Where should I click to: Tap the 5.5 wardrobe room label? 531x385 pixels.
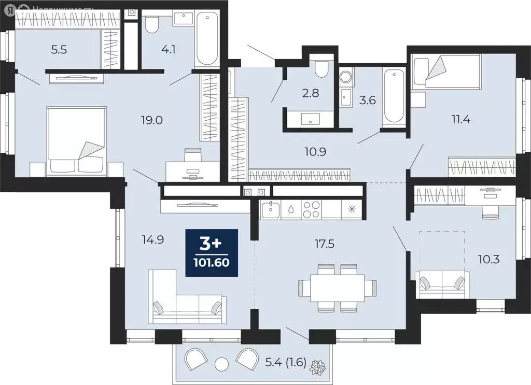59,50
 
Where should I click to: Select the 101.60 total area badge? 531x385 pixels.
213,253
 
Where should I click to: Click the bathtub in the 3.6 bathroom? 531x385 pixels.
394,96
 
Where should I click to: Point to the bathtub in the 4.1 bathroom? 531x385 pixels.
207,39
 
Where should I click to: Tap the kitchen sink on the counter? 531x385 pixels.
271,210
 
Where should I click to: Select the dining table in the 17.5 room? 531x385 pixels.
338,288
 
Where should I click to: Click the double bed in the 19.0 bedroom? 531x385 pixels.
77,140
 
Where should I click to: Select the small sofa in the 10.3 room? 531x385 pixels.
442,285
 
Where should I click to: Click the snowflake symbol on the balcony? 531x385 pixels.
316,369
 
